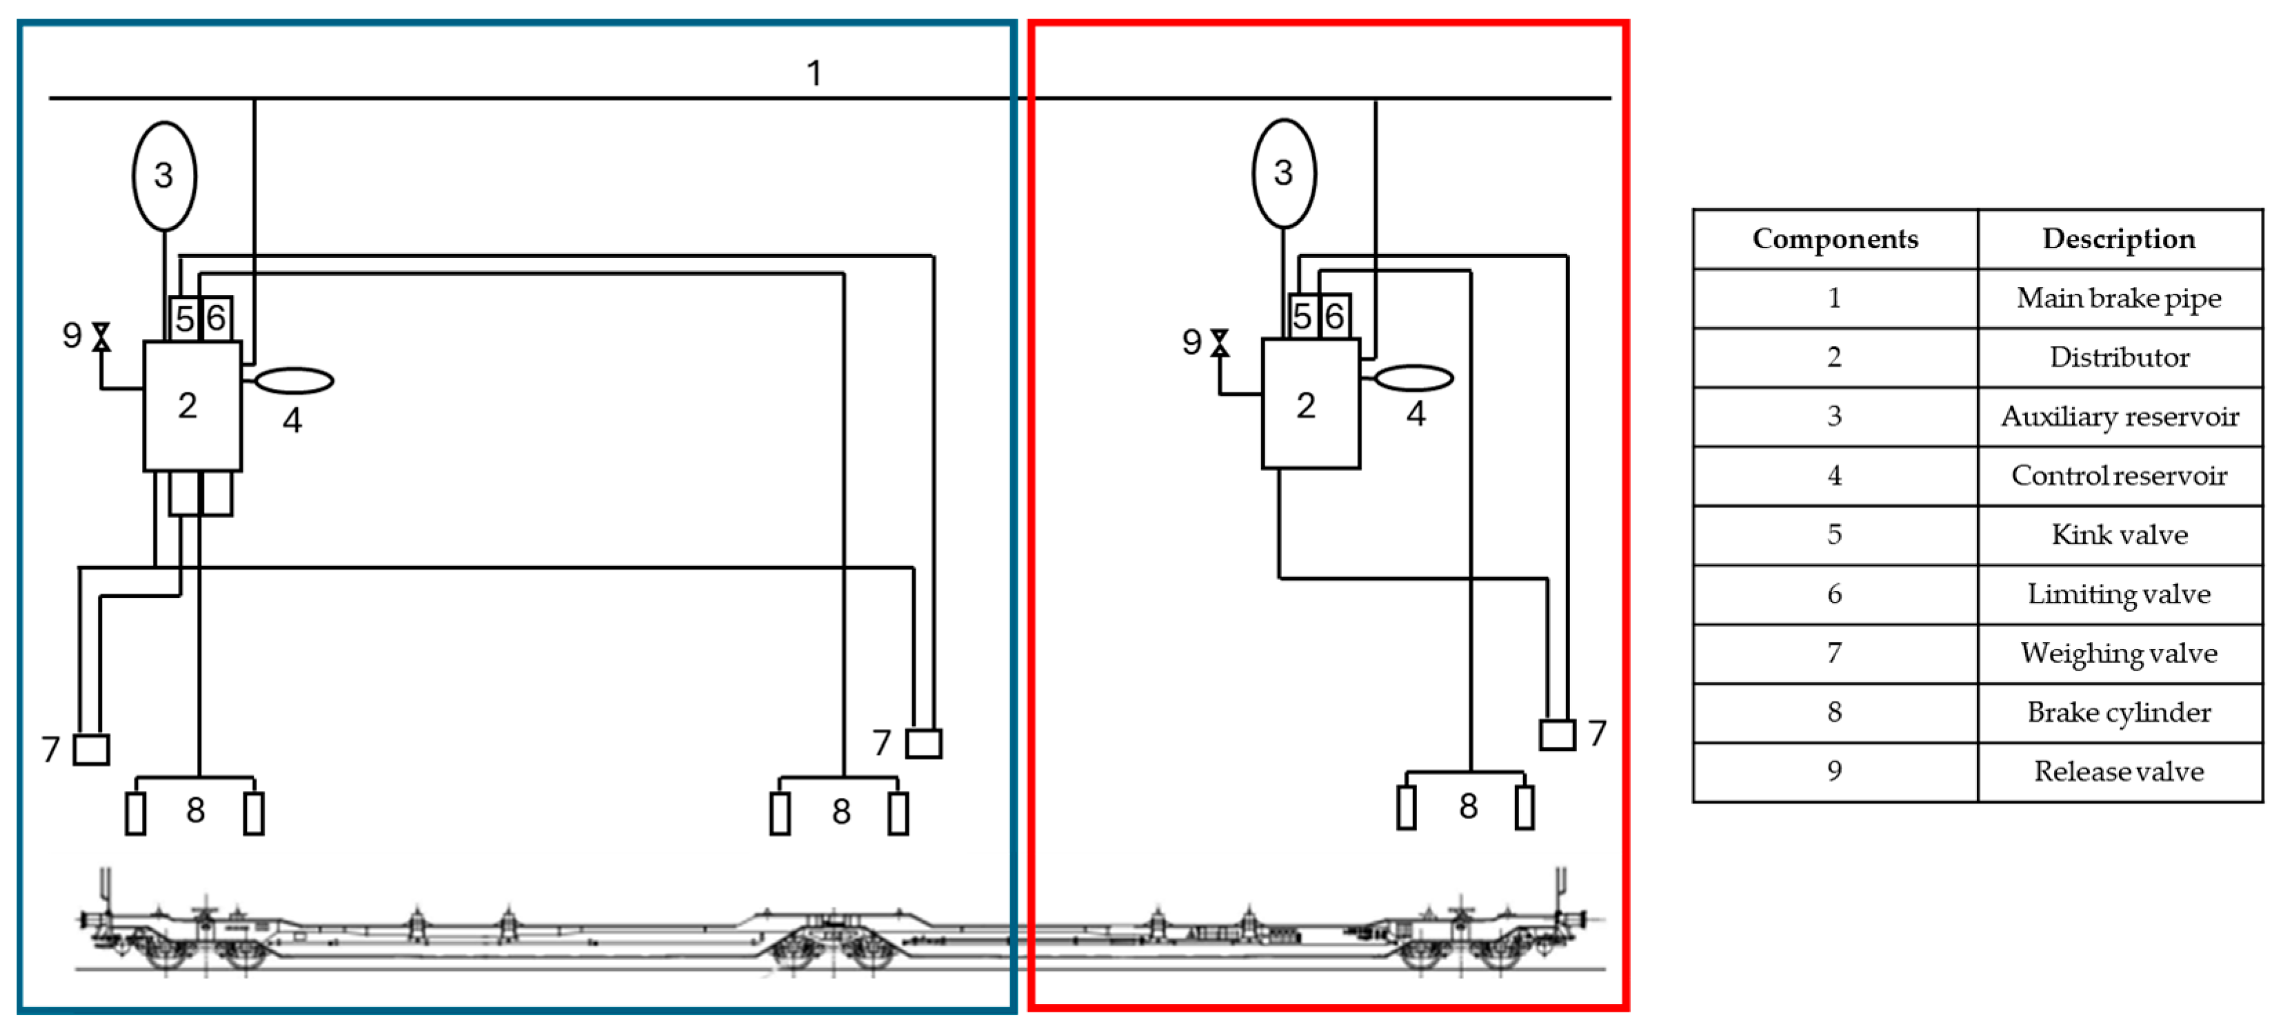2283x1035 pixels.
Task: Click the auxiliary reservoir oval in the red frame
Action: (1283, 174)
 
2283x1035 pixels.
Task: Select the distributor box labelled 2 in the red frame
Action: (1310, 404)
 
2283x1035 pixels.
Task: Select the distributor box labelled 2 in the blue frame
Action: (192, 406)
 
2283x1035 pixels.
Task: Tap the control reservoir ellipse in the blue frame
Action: (294, 381)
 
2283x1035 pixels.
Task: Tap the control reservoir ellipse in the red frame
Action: (1414, 379)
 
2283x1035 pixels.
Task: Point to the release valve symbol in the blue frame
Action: (102, 336)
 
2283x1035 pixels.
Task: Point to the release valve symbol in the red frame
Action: (1220, 343)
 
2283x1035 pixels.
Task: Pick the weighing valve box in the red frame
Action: (1556, 734)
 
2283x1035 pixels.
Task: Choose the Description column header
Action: (2118, 239)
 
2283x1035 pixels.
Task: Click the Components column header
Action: (1835, 239)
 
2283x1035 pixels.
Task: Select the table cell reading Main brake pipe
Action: (2118, 299)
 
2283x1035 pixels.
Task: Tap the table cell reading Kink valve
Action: (2118, 535)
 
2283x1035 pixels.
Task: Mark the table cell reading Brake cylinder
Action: (2118, 712)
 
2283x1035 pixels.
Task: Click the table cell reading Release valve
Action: (2118, 772)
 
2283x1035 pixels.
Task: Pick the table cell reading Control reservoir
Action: (2118, 476)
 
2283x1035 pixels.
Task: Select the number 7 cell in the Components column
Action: (1835, 653)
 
